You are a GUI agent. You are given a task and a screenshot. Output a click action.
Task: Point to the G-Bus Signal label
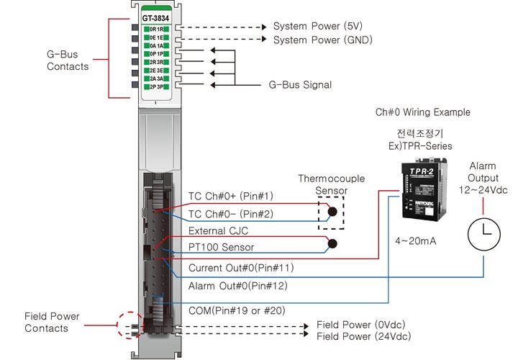pyautogui.click(x=300, y=85)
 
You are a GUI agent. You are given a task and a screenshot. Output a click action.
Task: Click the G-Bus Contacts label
pyautogui.click(x=68, y=60)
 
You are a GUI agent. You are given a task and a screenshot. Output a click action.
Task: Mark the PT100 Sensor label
pyautogui.click(x=221, y=248)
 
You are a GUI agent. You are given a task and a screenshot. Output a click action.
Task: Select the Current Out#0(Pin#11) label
pyautogui.click(x=241, y=268)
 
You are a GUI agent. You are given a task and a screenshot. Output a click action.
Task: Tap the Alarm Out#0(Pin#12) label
pyautogui.click(x=237, y=287)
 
